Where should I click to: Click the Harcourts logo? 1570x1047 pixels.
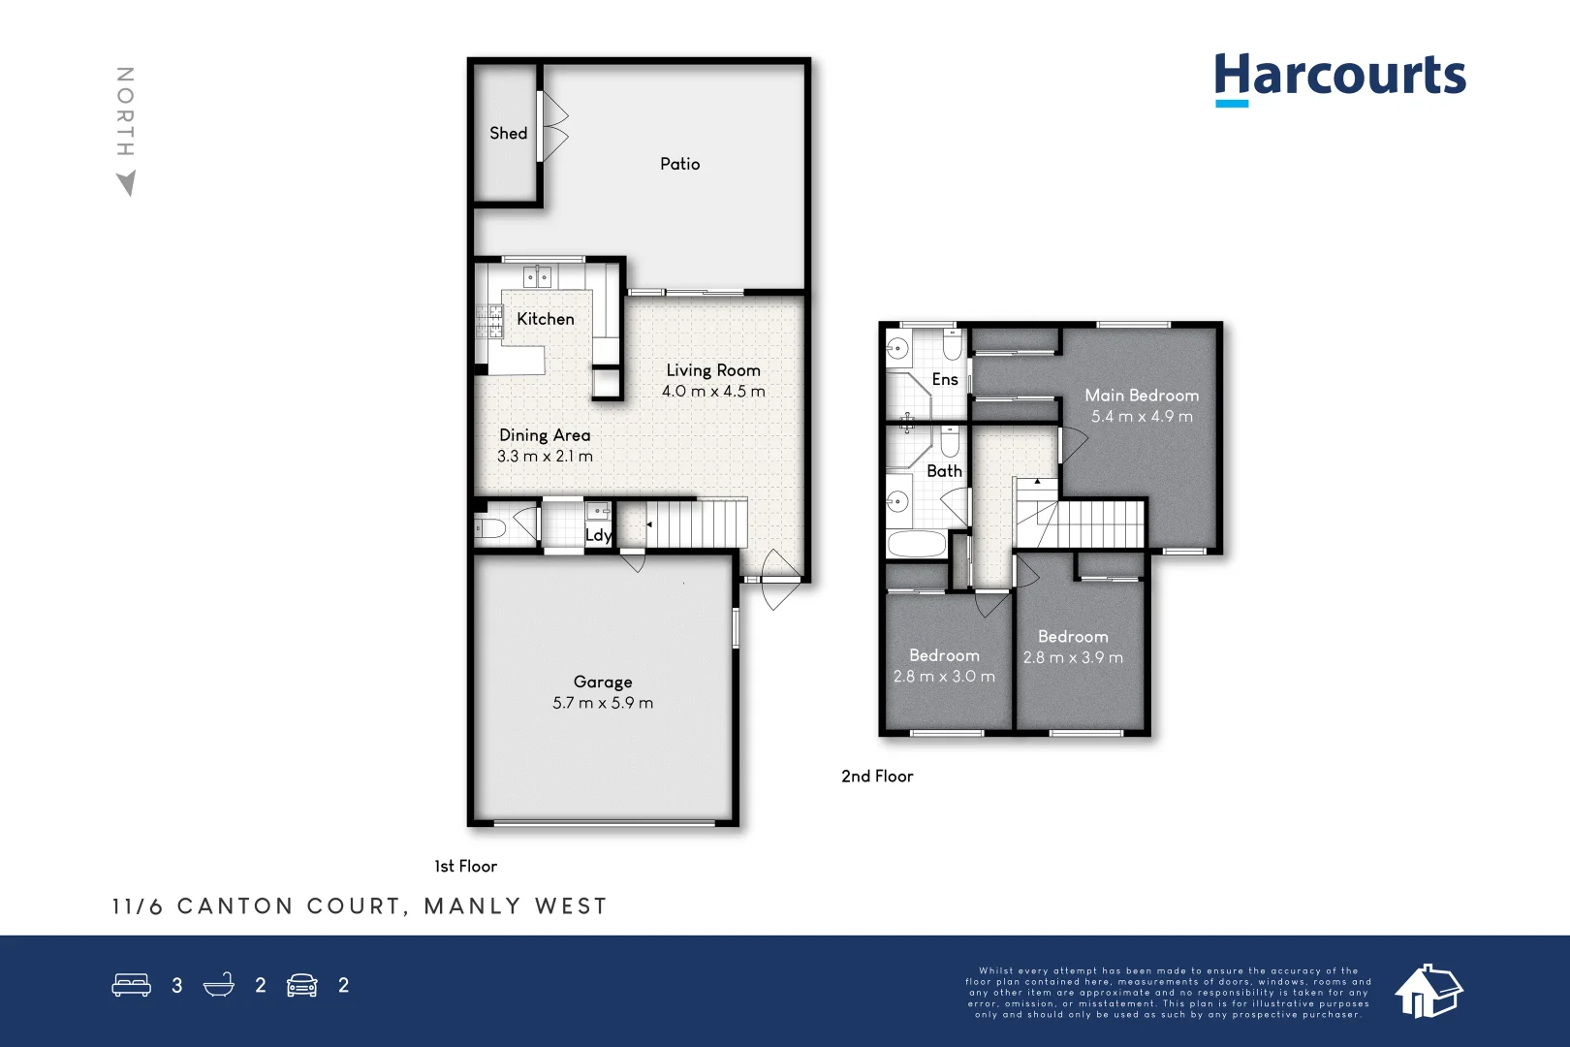[1339, 79]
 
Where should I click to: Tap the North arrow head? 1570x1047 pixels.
[127, 183]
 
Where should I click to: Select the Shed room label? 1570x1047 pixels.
[508, 133]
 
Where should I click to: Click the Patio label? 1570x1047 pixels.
[680, 164]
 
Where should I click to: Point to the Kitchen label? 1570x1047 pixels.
[546, 319]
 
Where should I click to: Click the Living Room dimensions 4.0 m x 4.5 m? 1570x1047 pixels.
[713, 392]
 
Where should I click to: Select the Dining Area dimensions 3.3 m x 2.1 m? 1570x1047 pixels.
[545, 457]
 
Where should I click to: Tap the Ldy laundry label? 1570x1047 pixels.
[599, 535]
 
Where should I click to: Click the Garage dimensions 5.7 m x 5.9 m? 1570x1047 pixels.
[603, 703]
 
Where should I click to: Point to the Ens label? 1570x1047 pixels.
[945, 379]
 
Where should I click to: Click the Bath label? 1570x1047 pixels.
[944, 471]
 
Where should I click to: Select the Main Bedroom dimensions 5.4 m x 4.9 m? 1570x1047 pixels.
[1142, 417]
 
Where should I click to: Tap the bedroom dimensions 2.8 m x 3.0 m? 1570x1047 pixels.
[944, 677]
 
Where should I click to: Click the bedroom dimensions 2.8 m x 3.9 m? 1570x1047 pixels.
[1073, 658]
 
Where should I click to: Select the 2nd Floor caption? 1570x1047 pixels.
[877, 777]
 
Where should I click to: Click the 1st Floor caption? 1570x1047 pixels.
[465, 866]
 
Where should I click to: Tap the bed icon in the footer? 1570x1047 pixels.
[131, 985]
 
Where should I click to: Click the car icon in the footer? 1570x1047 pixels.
[302, 985]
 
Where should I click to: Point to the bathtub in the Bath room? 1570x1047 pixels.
[916, 544]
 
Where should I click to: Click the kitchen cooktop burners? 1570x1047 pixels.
[489, 322]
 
